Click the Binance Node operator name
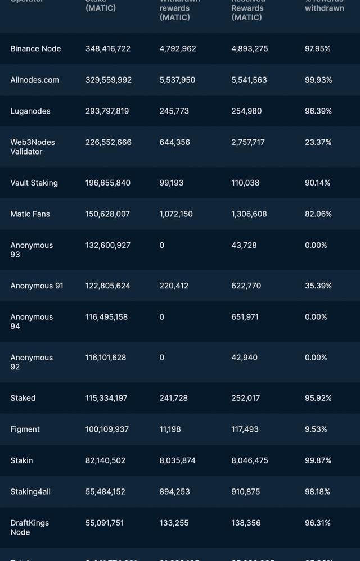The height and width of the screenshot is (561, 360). [x=35, y=49]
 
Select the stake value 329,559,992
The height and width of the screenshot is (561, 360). [x=109, y=80]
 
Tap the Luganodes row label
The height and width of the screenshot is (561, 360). [x=30, y=111]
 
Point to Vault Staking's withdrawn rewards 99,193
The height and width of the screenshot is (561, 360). [x=172, y=183]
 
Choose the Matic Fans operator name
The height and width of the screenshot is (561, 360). [x=30, y=214]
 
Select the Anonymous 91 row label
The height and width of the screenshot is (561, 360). [x=37, y=286]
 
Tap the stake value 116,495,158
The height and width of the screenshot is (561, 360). [x=106, y=317]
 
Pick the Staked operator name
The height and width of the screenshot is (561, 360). [x=23, y=398]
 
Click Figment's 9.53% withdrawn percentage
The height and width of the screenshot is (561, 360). [x=316, y=429]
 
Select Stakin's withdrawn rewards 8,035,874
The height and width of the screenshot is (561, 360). [x=178, y=460]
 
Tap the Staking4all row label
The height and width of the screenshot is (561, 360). [x=30, y=492]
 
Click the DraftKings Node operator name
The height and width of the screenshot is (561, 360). [x=29, y=527]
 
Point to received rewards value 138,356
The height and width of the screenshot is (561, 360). [x=246, y=523]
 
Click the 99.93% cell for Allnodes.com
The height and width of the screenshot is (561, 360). [x=318, y=80]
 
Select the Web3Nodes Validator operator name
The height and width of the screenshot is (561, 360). [x=33, y=147]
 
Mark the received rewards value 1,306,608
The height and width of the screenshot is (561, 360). [x=249, y=214]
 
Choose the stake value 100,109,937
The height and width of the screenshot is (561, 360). [x=107, y=429]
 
